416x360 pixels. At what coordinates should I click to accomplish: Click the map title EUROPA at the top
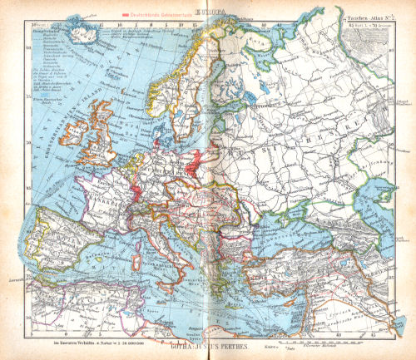click(207, 11)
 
